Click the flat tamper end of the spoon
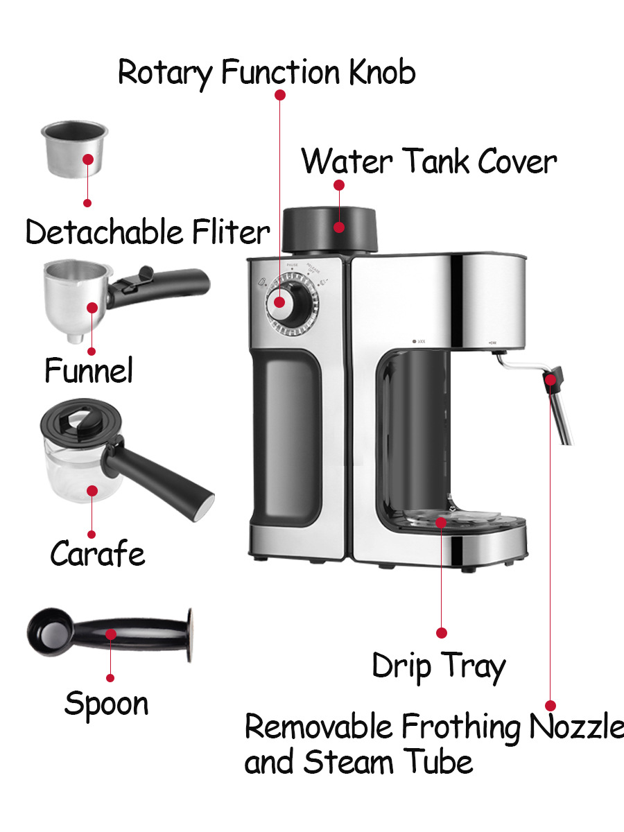coord(188,636)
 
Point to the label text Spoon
coord(106,703)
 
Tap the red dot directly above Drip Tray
coord(441,632)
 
